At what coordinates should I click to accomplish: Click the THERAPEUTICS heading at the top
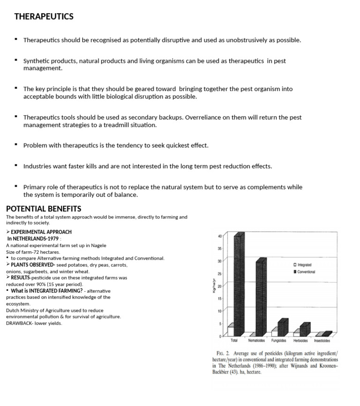[x=44, y=16]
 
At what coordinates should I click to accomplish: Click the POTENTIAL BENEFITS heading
[x=43, y=209]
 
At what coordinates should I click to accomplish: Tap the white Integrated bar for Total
[x=231, y=331]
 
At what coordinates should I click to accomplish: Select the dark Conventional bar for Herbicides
[x=304, y=330]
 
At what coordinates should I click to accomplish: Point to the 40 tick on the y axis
[x=219, y=236]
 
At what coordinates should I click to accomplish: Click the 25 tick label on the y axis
[x=219, y=274]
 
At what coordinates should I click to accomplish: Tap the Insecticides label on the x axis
[x=322, y=341]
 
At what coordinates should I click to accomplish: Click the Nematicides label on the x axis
[x=256, y=341]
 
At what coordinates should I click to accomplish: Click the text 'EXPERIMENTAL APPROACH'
[x=41, y=232]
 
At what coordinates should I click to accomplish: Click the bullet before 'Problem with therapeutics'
[x=16, y=145]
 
